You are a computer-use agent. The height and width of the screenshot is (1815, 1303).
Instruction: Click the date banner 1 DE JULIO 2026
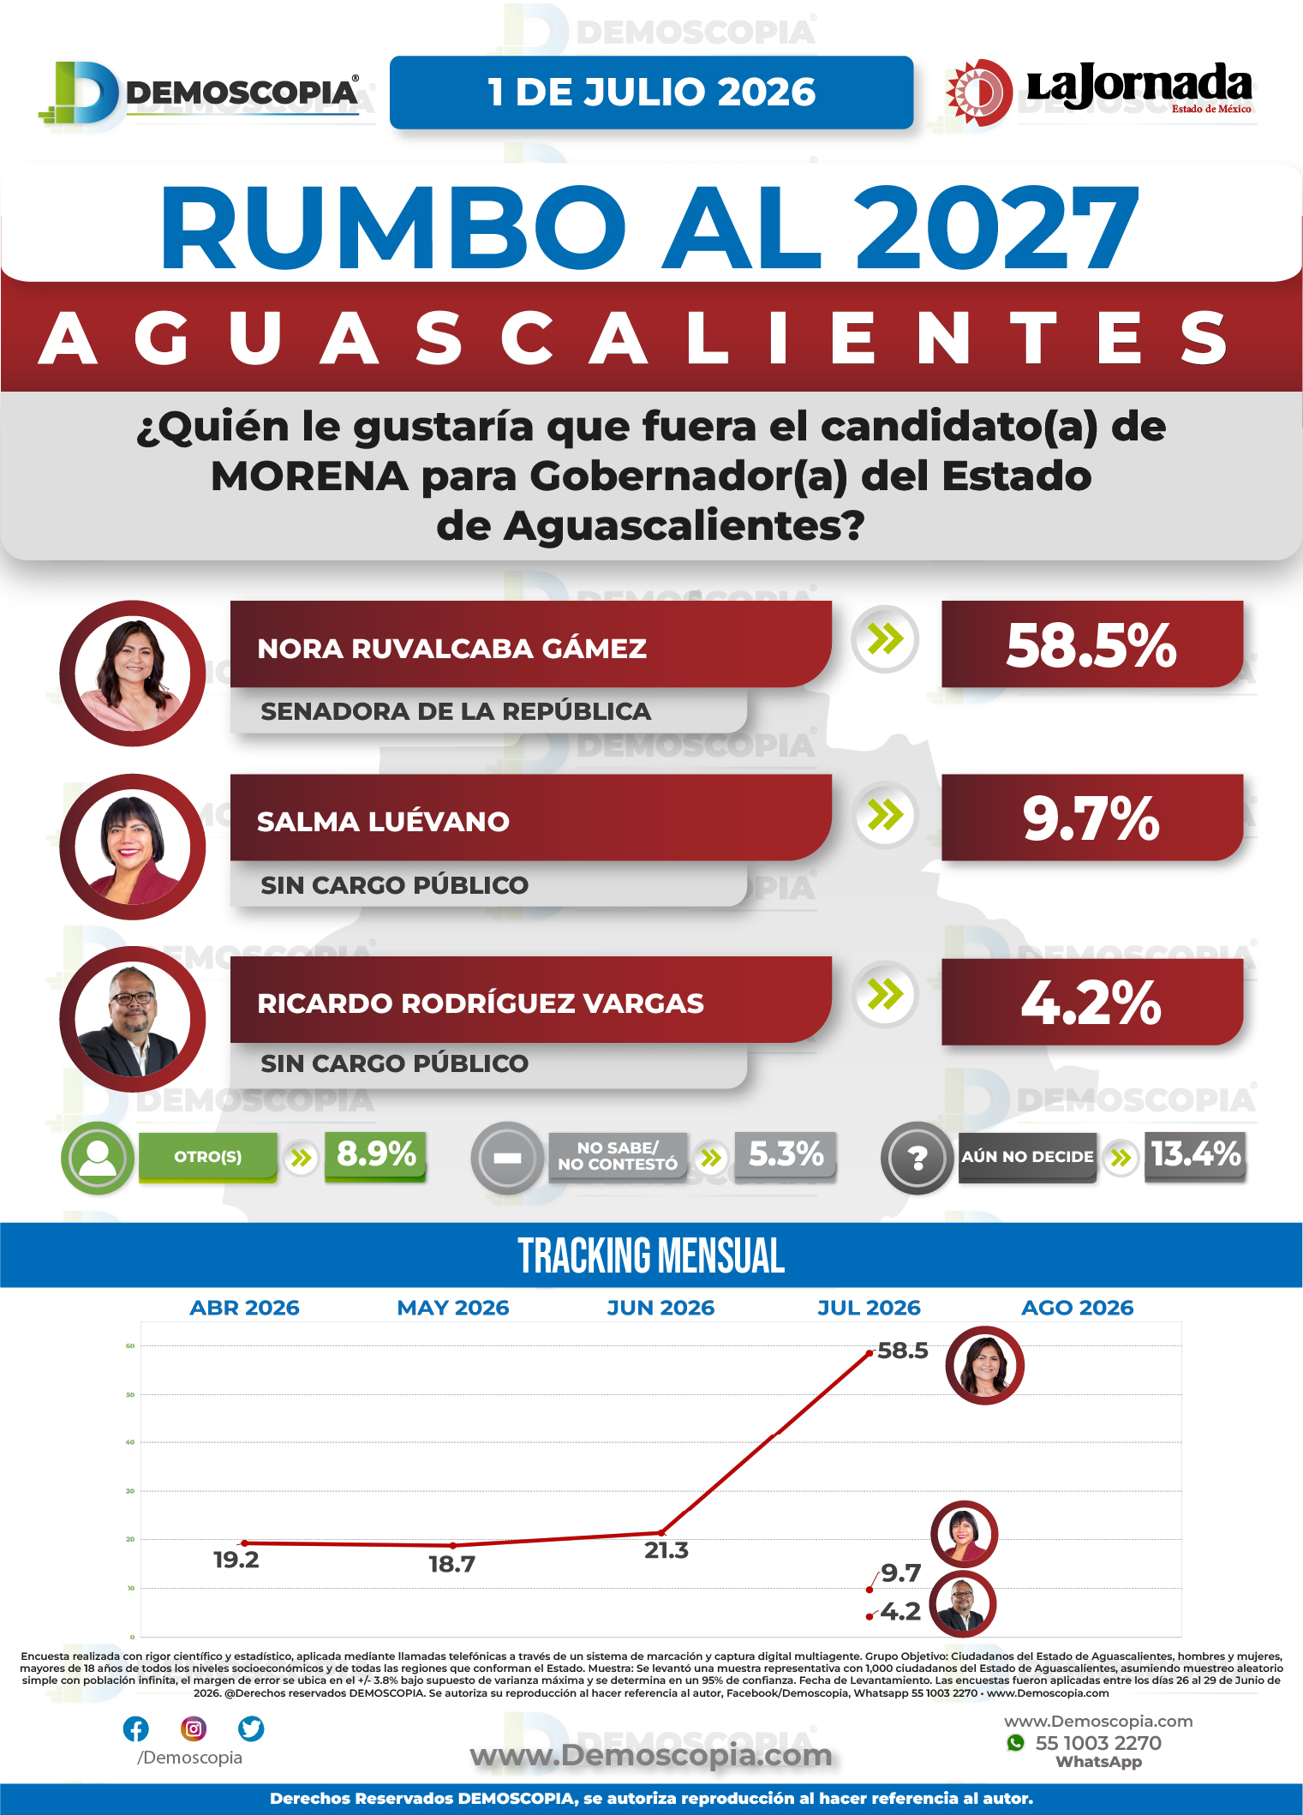click(x=651, y=93)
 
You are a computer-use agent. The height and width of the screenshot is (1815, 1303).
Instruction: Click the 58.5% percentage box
click(x=1092, y=644)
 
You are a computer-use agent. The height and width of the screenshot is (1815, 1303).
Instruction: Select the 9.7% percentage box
click(x=1092, y=818)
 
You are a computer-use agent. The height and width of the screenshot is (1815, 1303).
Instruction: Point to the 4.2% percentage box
click(x=1092, y=1002)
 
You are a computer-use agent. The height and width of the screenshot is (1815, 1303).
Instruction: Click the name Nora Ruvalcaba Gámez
click(x=451, y=649)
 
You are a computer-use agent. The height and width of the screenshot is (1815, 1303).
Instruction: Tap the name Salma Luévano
click(x=383, y=822)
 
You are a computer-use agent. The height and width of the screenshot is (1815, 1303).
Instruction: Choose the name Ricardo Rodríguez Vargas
click(x=481, y=1003)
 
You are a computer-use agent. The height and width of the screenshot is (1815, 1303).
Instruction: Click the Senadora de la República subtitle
click(x=456, y=711)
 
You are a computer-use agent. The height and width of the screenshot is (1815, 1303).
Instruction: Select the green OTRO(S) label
click(x=208, y=1157)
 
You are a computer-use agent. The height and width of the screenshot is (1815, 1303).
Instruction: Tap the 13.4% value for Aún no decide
click(x=1195, y=1155)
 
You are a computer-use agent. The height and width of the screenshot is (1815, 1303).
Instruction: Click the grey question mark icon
click(x=917, y=1158)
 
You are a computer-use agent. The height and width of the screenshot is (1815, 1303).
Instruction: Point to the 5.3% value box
click(x=786, y=1155)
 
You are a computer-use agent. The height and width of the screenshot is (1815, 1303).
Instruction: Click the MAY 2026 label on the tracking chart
click(x=453, y=1308)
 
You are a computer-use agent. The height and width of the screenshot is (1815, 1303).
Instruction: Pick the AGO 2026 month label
click(x=1078, y=1308)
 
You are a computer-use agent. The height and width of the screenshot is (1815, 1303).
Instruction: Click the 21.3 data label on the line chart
click(x=666, y=1550)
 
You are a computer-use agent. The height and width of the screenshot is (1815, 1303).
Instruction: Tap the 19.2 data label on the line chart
click(x=236, y=1560)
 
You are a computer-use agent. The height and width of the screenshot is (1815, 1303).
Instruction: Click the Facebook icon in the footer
click(x=136, y=1729)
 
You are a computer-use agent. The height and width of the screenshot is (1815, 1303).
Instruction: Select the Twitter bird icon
click(x=251, y=1729)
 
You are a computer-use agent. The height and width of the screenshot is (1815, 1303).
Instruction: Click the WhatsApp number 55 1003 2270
click(x=1098, y=1743)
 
